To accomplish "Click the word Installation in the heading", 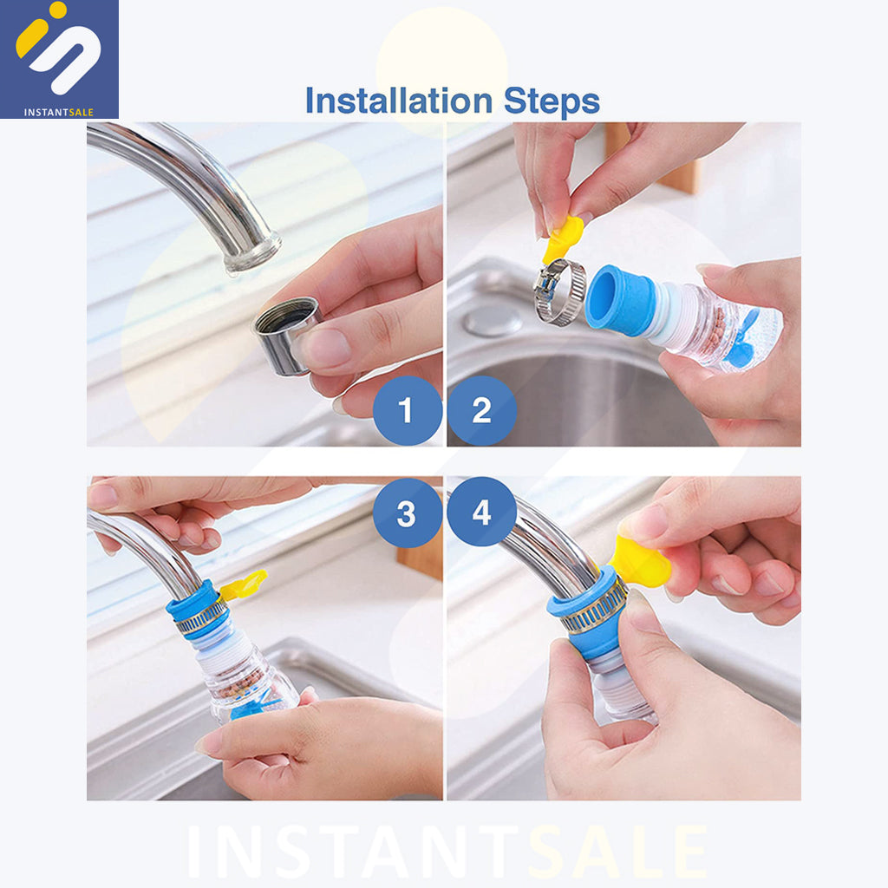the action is click(x=399, y=101).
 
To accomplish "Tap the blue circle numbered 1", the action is click(x=408, y=410).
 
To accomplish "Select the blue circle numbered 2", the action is click(x=482, y=410).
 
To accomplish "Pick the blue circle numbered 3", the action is click(x=408, y=513).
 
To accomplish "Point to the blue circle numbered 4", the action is click(x=482, y=512).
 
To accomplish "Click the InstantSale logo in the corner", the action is click(x=60, y=59).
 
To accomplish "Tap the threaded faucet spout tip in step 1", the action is click(x=252, y=254).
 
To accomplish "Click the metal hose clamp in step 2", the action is click(x=560, y=291).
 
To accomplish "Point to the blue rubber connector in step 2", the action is click(x=620, y=299).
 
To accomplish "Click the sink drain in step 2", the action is click(x=493, y=321).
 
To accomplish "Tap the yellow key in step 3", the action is click(x=244, y=585).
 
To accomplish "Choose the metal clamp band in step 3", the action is click(x=200, y=617).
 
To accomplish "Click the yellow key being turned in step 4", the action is click(x=640, y=562).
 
